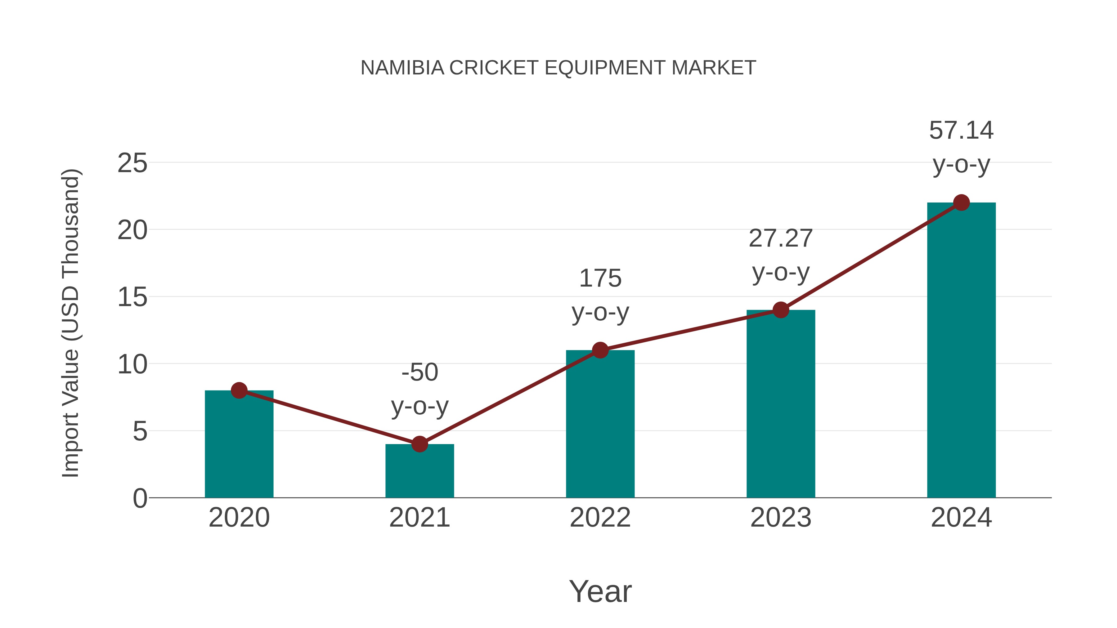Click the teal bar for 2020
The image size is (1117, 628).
pos(239,446)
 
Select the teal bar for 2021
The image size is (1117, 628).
pos(419,472)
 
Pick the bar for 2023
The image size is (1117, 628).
pos(781,405)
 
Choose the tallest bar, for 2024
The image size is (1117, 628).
pos(961,351)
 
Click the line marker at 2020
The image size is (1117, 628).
pos(239,390)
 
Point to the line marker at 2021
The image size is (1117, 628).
pos(419,444)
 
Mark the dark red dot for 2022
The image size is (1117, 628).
pos(600,350)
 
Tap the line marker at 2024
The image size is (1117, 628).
pos(961,203)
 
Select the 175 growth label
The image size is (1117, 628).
pos(600,278)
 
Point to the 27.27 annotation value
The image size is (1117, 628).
pos(781,238)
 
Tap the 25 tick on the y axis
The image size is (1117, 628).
pos(132,163)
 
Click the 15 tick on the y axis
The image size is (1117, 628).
pos(132,298)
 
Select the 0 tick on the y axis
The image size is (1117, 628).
pos(140,498)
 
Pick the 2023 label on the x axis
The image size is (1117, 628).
pos(781,518)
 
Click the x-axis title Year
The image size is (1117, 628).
pos(600,591)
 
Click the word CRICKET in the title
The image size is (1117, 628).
pos(494,68)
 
